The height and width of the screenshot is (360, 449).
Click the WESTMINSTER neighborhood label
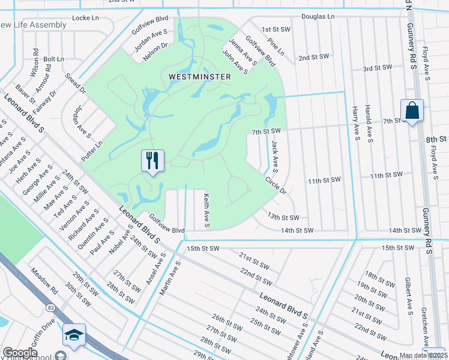coord(200,77)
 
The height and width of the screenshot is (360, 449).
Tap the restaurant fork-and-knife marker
coord(152,161)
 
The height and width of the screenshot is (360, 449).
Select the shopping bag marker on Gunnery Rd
coord(412,111)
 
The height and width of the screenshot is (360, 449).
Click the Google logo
coord(20,353)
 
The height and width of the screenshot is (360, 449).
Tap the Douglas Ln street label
coord(318,16)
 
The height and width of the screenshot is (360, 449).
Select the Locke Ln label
coord(85,18)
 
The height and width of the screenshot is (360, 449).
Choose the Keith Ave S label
coord(206,210)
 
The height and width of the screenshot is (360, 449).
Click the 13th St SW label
coord(283,217)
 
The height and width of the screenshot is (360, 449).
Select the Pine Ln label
coord(276,49)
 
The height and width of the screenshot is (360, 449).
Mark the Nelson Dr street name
coord(155,52)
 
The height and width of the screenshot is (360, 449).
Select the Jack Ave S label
coord(274,154)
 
